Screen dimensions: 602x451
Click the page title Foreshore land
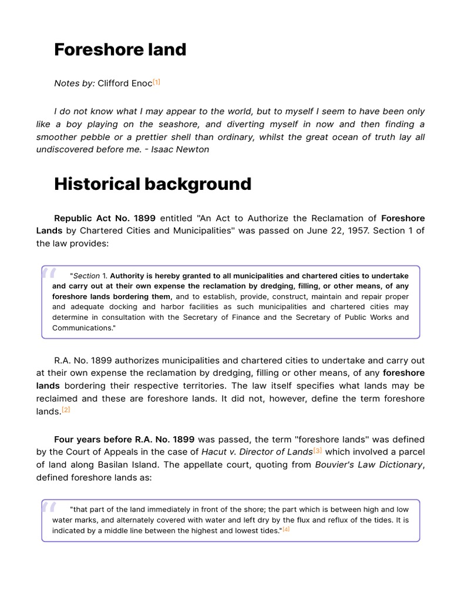[x=120, y=50]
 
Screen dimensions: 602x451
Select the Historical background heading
[x=152, y=184]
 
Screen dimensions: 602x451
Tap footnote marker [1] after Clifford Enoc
[x=156, y=82]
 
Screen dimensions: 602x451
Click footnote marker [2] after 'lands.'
[x=66, y=410]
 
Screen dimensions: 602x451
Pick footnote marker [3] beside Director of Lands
[x=318, y=451]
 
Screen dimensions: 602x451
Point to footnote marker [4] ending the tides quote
[x=286, y=530]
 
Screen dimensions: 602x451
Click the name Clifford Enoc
[x=124, y=83]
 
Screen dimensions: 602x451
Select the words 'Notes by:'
[x=74, y=83]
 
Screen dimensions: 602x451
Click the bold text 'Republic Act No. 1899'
[x=105, y=218]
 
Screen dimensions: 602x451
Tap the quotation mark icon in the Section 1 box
[x=49, y=274]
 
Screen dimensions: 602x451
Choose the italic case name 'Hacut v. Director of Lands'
[x=257, y=452]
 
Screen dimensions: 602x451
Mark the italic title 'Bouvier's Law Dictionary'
[x=368, y=465]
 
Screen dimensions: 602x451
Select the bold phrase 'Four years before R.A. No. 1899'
[x=124, y=439]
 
